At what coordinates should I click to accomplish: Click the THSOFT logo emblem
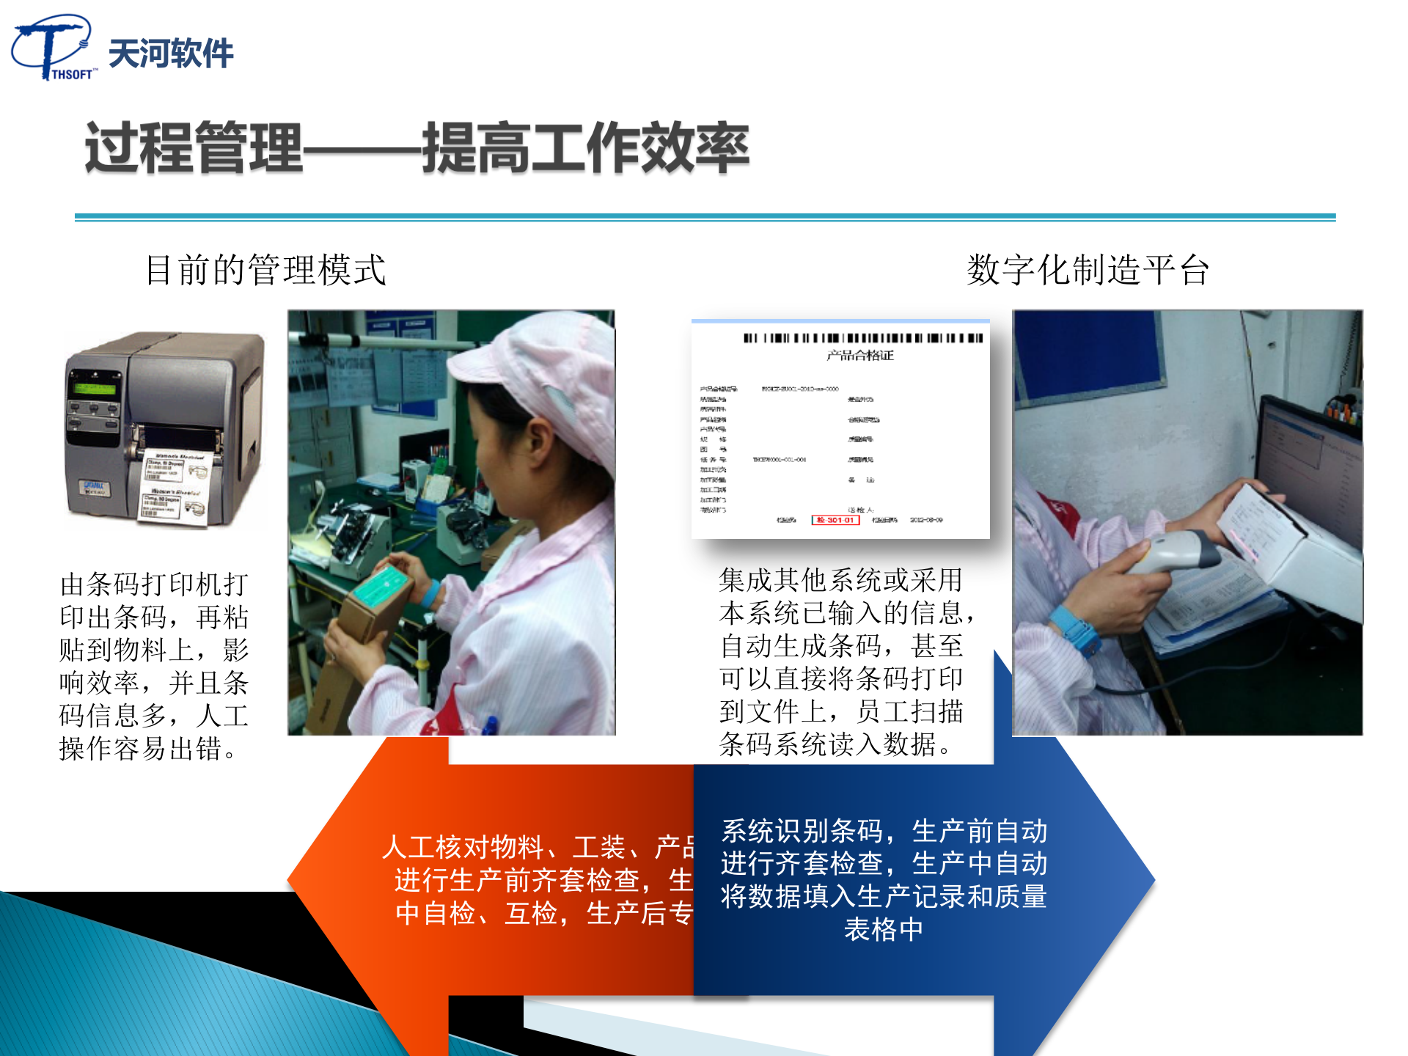(51, 46)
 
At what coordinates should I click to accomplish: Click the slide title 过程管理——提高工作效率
(417, 147)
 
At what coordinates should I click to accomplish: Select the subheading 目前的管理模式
(265, 270)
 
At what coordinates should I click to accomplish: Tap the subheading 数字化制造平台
(1088, 270)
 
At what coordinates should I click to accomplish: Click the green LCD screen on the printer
(92, 387)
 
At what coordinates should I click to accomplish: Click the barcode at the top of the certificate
(862, 338)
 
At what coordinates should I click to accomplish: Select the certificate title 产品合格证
(860, 356)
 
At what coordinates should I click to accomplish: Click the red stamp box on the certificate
(835, 520)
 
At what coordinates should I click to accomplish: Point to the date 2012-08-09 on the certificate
(926, 520)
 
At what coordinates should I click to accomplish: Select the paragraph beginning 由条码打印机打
(154, 666)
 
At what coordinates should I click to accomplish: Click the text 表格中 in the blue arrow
(884, 930)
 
